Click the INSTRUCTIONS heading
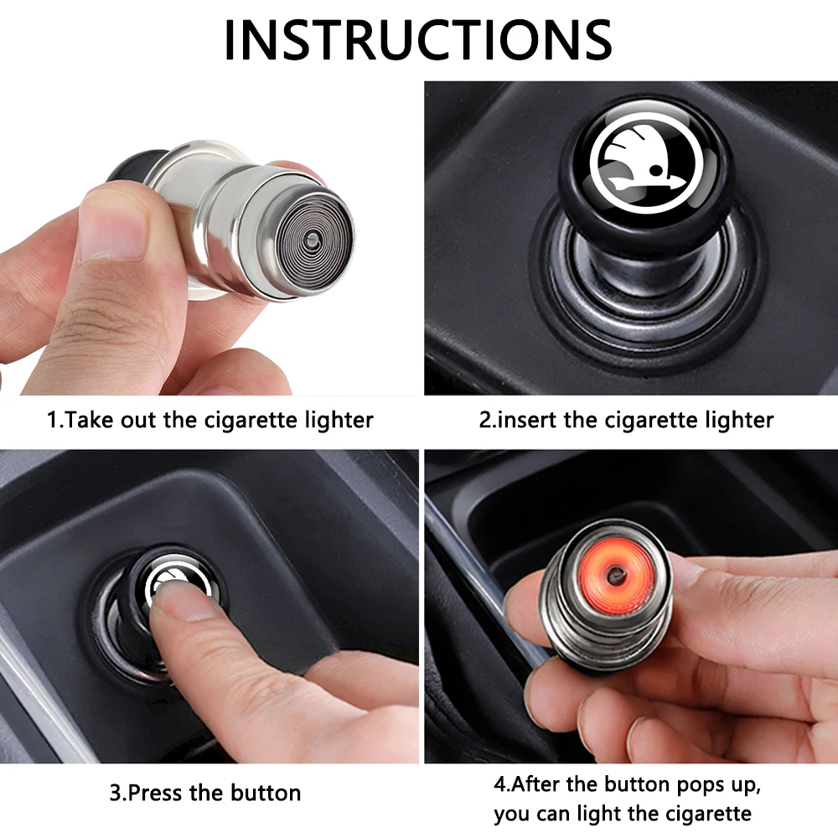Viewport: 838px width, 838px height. [x=418, y=40]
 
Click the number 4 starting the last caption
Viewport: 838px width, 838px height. [x=499, y=784]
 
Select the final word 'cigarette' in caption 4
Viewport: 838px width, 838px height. [x=706, y=814]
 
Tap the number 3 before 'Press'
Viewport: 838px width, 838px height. [x=116, y=793]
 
